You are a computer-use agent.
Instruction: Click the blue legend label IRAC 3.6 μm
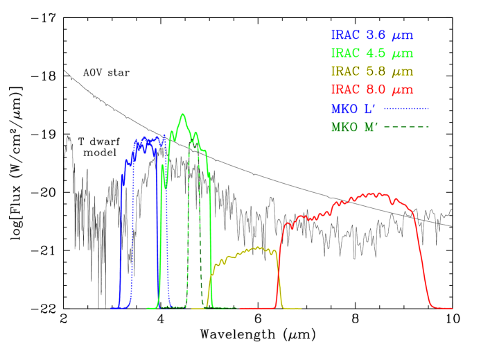coord(372,35)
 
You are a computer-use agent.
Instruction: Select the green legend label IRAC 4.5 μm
coord(372,53)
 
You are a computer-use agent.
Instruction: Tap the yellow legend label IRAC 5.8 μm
coord(372,71)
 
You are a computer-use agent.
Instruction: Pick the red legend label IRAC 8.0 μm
coord(372,89)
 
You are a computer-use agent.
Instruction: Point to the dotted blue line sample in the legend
coord(407,108)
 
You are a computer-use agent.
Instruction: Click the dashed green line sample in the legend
coord(407,126)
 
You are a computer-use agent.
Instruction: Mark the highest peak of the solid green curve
coord(183,114)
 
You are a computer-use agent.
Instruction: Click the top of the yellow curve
coord(258,247)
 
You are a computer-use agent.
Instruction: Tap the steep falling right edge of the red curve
coord(421,264)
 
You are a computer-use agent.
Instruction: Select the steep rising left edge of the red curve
coord(281,250)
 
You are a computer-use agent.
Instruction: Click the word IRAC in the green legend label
coord(345,53)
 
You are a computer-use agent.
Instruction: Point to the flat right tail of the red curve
coord(444,307)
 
